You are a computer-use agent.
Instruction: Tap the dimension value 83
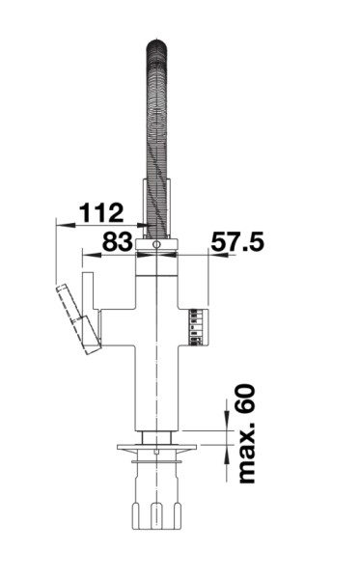116,241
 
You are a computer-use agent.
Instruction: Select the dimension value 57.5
236,241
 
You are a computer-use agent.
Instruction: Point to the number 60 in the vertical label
246,398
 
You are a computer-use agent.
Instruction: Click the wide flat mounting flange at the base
156,447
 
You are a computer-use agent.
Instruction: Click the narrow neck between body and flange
156,435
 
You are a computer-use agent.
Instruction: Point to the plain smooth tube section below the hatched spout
156,207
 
